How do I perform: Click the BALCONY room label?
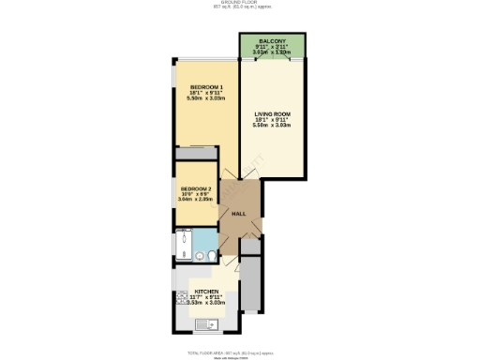pyautogui.click(x=272, y=41)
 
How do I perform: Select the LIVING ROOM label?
pyautogui.click(x=272, y=114)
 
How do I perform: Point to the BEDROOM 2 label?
pyautogui.click(x=196, y=188)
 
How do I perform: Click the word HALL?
pyautogui.click(x=239, y=213)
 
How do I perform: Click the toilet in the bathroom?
pyautogui.click(x=213, y=254)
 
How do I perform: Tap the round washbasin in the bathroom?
pyautogui.click(x=199, y=254)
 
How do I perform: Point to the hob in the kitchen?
pyautogui.click(x=179, y=303)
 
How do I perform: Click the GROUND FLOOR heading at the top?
pyautogui.click(x=240, y=4)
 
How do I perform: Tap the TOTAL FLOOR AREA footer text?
pyautogui.click(x=240, y=352)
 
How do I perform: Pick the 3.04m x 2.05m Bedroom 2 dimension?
pyautogui.click(x=196, y=200)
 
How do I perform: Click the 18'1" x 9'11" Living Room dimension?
pyautogui.click(x=272, y=120)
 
